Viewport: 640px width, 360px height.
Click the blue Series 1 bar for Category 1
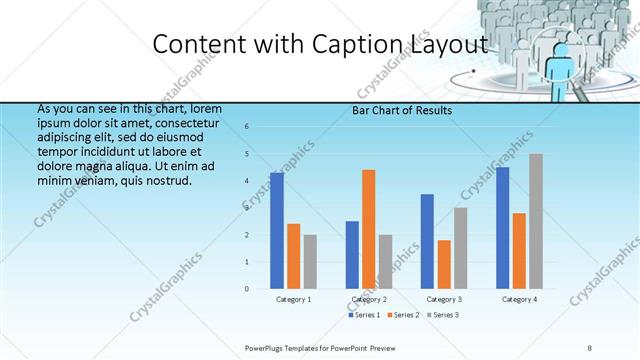[277, 230]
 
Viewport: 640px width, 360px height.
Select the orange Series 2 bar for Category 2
[368, 228]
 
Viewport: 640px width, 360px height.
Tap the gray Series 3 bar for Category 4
[536, 221]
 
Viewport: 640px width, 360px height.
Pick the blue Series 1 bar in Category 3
[427, 241]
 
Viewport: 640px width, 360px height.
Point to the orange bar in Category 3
[444, 264]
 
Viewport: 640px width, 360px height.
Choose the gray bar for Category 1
[310, 261]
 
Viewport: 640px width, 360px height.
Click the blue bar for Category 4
[502, 227]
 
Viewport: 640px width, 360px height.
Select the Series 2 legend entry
[403, 315]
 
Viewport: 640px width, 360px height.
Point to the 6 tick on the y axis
[247, 126]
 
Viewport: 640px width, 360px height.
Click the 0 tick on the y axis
[247, 289]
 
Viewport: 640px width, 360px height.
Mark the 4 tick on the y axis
[247, 181]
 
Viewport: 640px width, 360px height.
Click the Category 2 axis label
[369, 299]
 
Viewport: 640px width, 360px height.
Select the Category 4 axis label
[519, 299]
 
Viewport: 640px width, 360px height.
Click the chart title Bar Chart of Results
[402, 110]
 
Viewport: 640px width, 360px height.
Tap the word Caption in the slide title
[337, 44]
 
